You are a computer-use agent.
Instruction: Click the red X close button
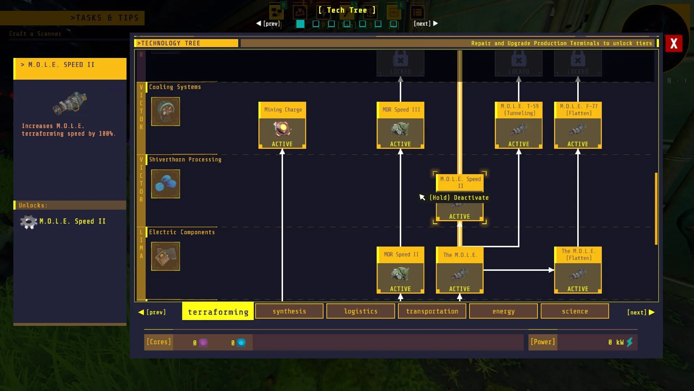pos(674,44)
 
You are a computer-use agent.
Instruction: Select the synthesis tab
pos(289,311)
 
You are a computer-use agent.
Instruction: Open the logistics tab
pos(360,311)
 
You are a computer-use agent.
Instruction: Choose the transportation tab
pos(432,311)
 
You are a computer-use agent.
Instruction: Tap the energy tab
pos(503,311)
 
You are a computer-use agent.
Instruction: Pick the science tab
pos(575,311)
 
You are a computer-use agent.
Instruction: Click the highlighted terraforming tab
pos(218,311)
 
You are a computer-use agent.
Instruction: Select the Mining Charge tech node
pos(282,125)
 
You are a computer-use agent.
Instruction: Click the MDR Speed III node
pos(400,125)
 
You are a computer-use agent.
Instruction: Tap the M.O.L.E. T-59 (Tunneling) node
pos(519,125)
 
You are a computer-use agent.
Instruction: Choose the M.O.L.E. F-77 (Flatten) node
pos(578,125)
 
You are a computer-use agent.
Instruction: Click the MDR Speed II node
pos(400,270)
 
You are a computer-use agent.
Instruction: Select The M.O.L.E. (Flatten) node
pos(578,270)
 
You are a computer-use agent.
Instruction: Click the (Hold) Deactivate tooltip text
pos(459,198)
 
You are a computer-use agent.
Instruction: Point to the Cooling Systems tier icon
pos(166,112)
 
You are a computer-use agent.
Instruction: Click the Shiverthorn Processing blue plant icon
pos(166,184)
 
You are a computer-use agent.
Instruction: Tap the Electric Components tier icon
pos(166,256)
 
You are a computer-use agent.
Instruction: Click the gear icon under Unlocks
pos(29,222)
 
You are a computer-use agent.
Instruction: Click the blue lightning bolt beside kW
pos(630,342)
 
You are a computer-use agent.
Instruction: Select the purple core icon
pos(203,342)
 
